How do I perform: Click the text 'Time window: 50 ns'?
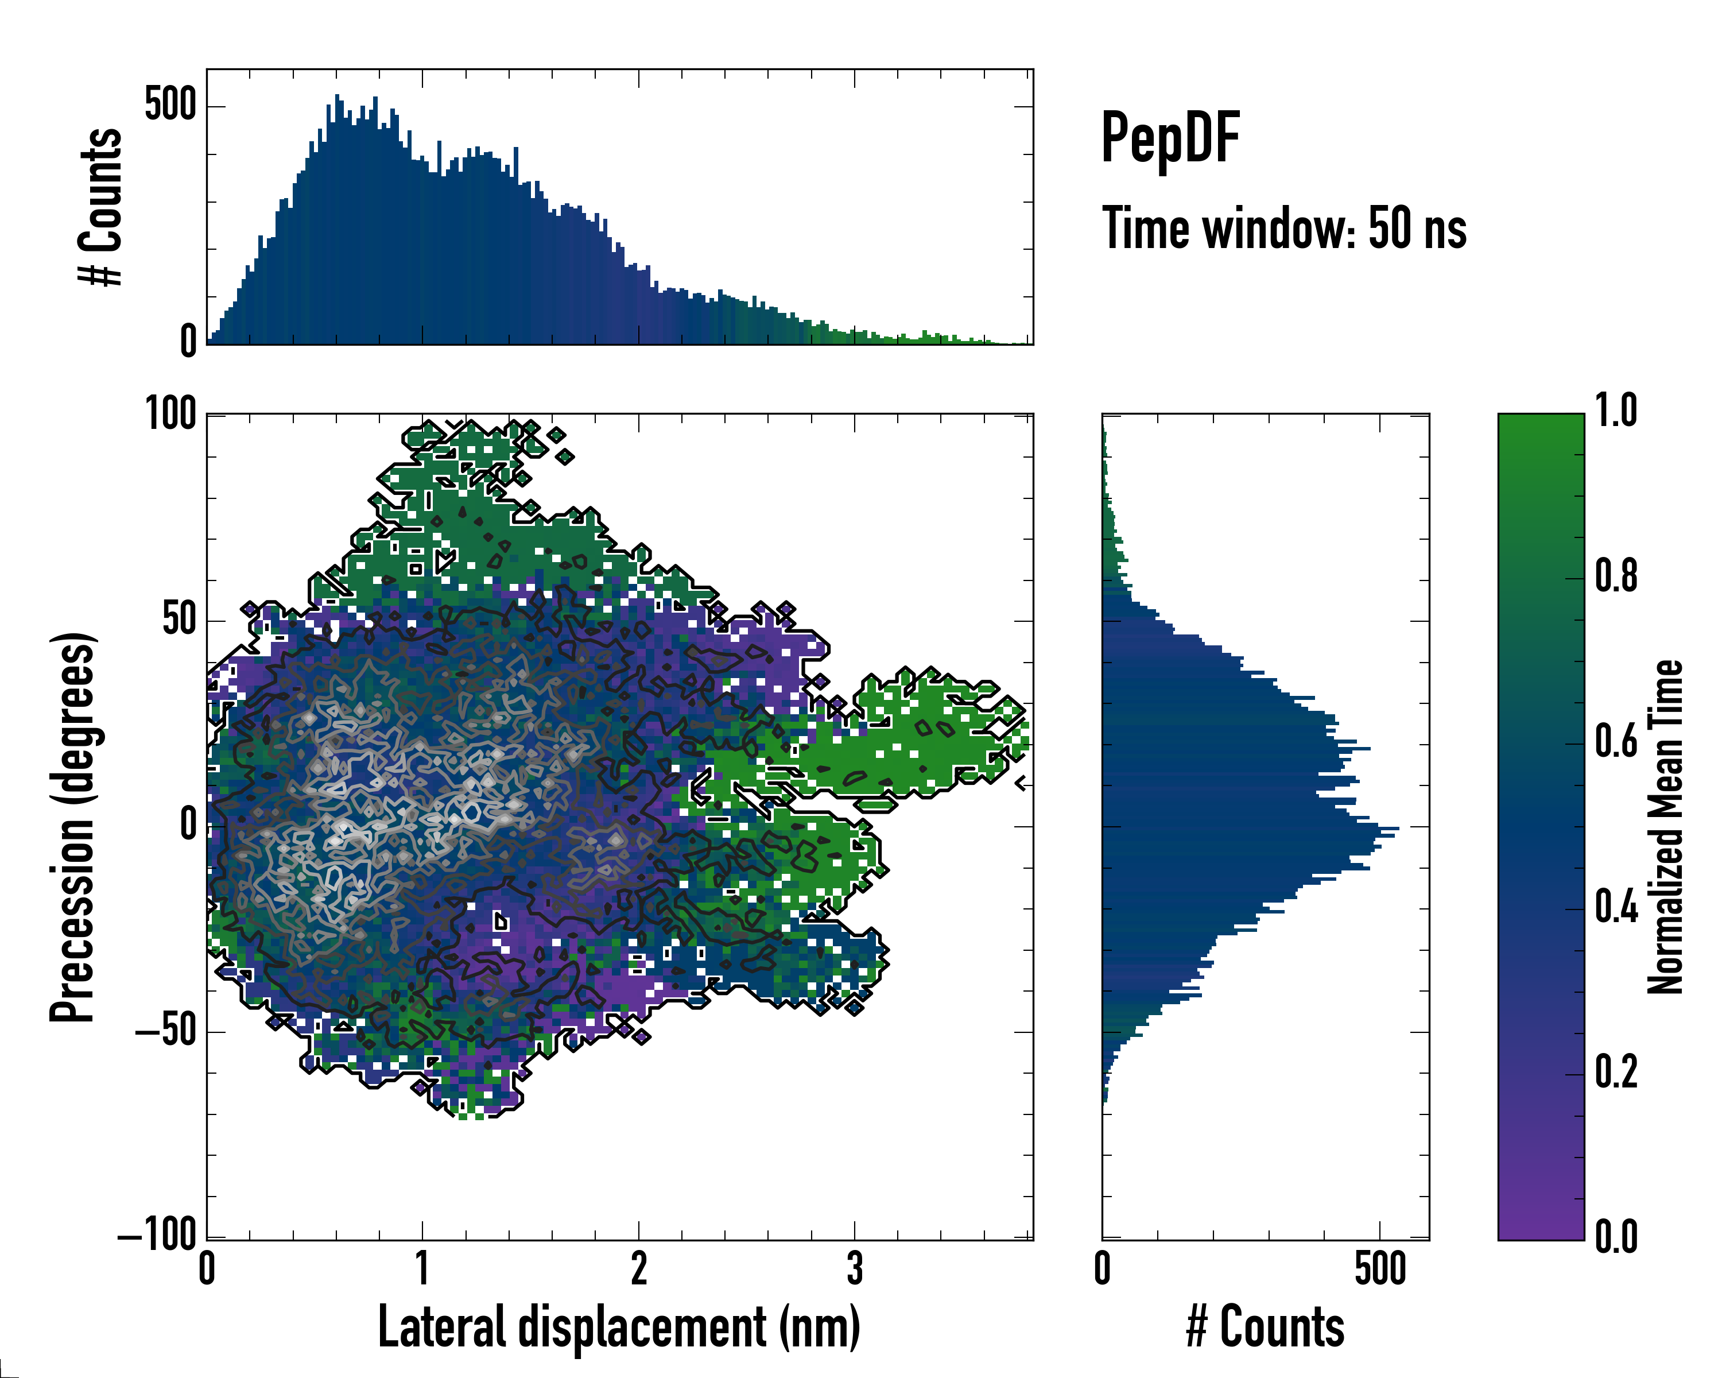pos(1284,229)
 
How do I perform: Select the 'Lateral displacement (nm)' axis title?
pos(619,1327)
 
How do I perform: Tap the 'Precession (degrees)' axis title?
pos(73,827)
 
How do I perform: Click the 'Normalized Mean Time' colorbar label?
pos(1665,827)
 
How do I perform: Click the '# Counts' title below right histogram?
pos(1265,1327)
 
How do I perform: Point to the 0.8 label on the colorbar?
pos(1616,577)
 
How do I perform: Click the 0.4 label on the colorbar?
pos(1616,908)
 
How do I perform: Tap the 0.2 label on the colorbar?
pos(1616,1073)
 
